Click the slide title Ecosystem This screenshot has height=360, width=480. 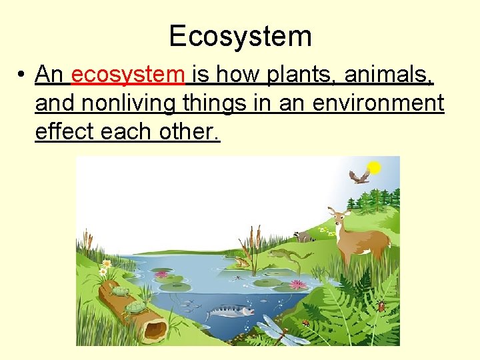pos(240,35)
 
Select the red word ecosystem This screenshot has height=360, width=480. pos(127,75)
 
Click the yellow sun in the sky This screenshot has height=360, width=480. pos(375,168)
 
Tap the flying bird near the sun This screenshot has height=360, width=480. pos(359,176)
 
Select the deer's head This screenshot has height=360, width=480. pos(341,217)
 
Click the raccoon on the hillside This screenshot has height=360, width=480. pos(305,235)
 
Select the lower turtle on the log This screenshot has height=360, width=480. pos(135,307)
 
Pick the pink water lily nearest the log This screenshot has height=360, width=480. pos(161,274)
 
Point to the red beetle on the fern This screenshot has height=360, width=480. pos(381,306)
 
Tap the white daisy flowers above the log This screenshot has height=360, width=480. pos(104,268)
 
